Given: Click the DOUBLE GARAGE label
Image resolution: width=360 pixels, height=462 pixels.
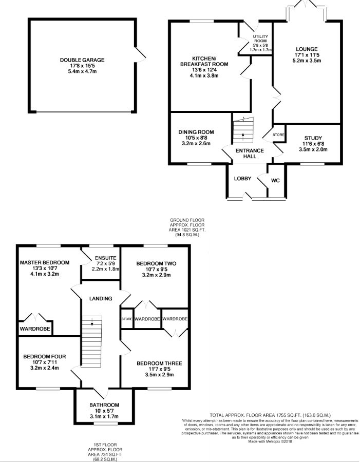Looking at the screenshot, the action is [x=82, y=60].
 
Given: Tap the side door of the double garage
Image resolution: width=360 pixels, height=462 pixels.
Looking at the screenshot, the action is [x=140, y=55].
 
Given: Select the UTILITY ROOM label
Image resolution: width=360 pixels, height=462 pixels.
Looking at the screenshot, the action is [x=260, y=38].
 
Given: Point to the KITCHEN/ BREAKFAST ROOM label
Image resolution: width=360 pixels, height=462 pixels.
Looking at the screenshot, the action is [x=204, y=61].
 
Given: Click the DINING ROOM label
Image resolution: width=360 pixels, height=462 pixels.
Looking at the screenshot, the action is [x=196, y=132].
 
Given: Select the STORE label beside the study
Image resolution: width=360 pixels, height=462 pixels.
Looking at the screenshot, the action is [x=278, y=134].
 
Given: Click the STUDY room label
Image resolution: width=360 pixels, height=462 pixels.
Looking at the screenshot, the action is [x=313, y=138].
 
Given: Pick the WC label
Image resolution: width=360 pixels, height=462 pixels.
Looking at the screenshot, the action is [x=275, y=180].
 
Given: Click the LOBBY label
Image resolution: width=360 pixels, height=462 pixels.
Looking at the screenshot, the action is [x=243, y=179].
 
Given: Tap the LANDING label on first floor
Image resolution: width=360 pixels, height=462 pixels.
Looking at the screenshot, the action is [x=101, y=298].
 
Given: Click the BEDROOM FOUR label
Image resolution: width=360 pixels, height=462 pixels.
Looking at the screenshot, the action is [x=45, y=357].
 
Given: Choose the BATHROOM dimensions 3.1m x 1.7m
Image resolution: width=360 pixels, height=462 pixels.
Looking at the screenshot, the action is [x=104, y=416].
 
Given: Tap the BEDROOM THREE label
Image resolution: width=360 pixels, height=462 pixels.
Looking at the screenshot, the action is [x=159, y=363].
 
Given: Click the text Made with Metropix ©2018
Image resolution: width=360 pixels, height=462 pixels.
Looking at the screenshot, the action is [x=270, y=441].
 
